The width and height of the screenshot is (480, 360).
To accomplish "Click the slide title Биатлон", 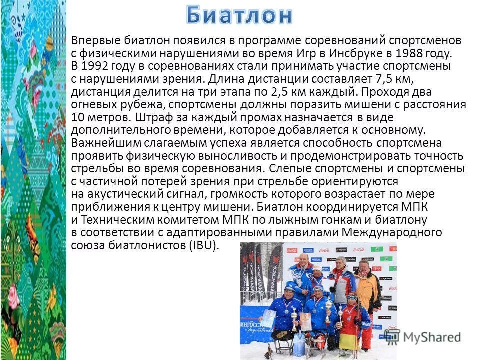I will click(239, 15).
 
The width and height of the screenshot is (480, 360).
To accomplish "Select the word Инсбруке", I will click(355, 53).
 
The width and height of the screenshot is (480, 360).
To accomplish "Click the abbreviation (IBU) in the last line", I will click(203, 245).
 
